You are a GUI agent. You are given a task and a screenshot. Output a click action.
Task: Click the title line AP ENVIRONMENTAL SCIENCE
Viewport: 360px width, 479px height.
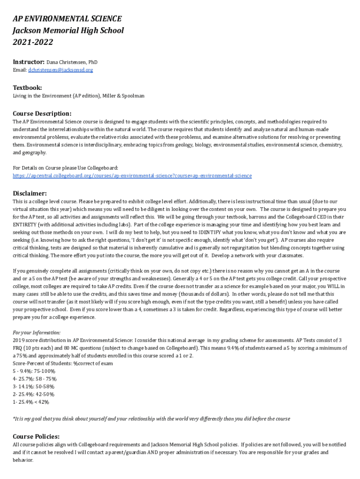(67, 19)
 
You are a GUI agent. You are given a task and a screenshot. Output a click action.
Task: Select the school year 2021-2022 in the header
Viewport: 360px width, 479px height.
(33, 43)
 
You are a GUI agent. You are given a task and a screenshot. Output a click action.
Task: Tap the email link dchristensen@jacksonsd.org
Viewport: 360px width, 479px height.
(60, 70)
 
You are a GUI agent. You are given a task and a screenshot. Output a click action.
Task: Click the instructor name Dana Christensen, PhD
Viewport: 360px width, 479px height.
(72, 62)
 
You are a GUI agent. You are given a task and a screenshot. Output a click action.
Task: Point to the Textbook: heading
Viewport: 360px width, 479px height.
(27, 87)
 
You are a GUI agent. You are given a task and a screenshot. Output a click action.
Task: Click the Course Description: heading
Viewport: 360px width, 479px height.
(42, 113)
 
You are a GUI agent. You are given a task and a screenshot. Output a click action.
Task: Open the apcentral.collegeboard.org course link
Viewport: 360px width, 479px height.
(132, 176)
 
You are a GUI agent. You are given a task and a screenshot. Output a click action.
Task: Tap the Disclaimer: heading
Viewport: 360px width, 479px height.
(29, 193)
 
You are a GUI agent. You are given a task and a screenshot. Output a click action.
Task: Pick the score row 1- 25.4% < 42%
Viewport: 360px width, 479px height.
(31, 402)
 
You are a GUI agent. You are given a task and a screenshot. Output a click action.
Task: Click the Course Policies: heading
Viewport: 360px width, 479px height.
(36, 436)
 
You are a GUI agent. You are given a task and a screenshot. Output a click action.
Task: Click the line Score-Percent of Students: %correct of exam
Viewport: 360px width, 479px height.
(63, 363)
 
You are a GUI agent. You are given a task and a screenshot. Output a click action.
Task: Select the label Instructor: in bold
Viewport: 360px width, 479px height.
(29, 62)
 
